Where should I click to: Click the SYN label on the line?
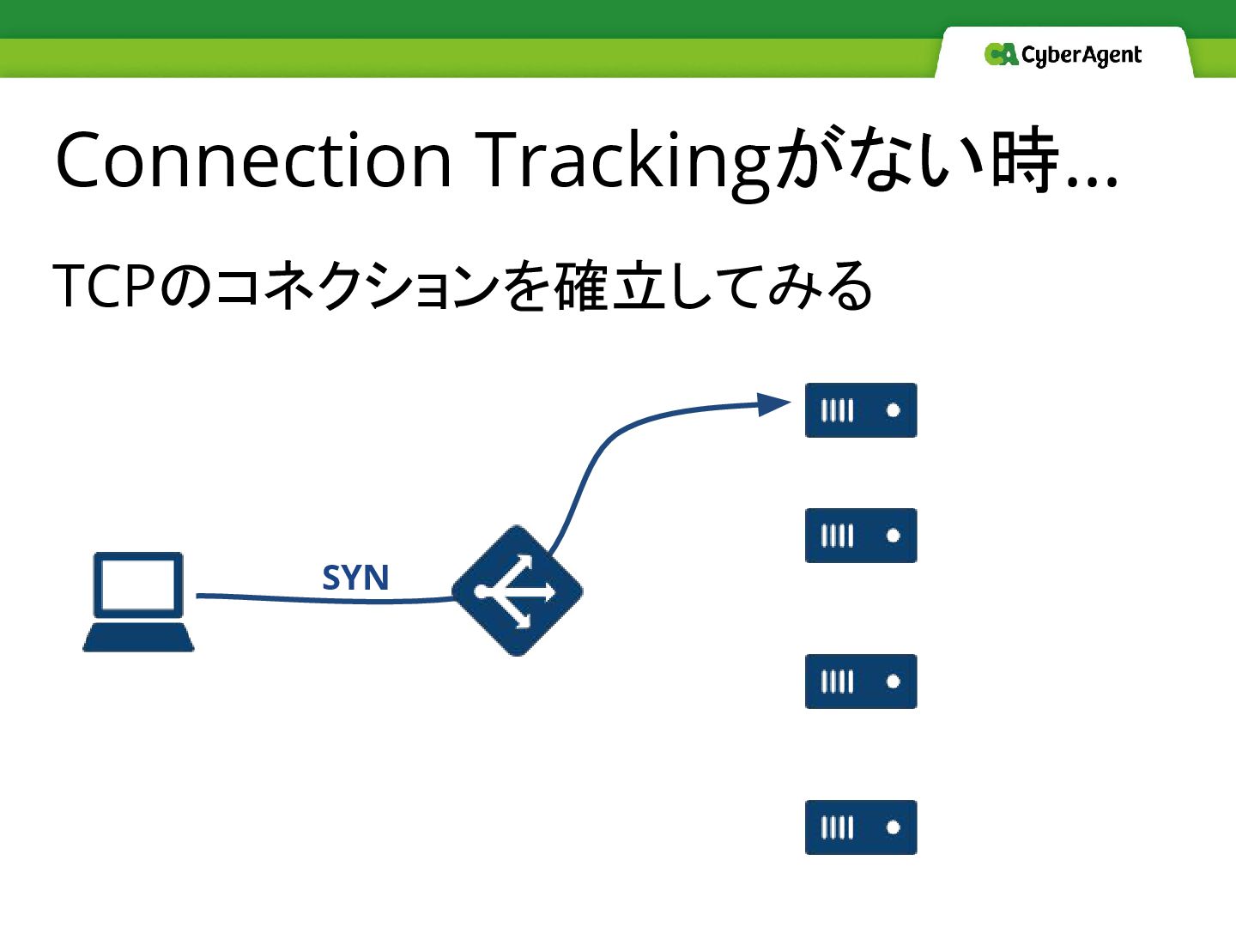(355, 578)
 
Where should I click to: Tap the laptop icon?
(138, 602)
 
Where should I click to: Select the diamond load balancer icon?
(517, 591)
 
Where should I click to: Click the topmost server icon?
(861, 410)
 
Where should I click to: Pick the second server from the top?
(861, 536)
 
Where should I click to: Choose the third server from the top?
(861, 682)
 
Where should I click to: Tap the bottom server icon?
(861, 827)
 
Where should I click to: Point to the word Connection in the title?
(254, 161)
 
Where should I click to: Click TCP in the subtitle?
(104, 286)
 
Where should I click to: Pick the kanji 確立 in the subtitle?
(609, 286)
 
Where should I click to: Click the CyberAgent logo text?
(1081, 56)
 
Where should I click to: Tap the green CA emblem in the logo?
(1001, 55)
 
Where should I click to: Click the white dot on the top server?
(893, 410)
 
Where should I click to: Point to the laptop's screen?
(138, 585)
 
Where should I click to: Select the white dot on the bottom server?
(893, 827)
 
